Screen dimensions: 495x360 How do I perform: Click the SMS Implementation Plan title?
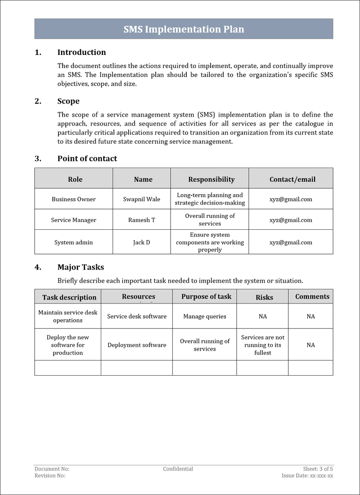[184, 29]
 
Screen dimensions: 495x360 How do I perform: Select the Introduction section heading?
[81, 52]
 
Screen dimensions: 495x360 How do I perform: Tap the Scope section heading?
[68, 101]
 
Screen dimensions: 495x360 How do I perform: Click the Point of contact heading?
[87, 159]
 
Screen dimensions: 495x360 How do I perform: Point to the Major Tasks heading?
[81, 267]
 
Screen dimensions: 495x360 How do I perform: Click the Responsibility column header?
[211, 179]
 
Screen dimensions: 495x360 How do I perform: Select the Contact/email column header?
[292, 179]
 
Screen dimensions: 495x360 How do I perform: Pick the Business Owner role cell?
[73, 199]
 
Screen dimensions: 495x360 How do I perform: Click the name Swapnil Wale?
[141, 199]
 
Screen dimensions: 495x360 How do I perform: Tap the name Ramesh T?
[141, 220]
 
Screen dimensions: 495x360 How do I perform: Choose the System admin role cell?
[73, 242]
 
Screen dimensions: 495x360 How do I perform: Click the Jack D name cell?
[141, 242]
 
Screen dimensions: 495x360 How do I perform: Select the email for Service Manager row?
[291, 220]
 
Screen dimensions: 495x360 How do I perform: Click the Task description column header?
[69, 297]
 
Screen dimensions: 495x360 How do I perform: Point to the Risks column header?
[264, 297]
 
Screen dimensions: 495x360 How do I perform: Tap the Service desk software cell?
[137, 316]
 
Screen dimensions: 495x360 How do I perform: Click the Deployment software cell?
[137, 345]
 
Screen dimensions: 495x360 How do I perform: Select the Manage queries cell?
[205, 316]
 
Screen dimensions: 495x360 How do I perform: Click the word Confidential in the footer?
[178, 469]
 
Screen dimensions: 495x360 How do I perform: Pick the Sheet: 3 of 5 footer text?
[318, 469]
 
